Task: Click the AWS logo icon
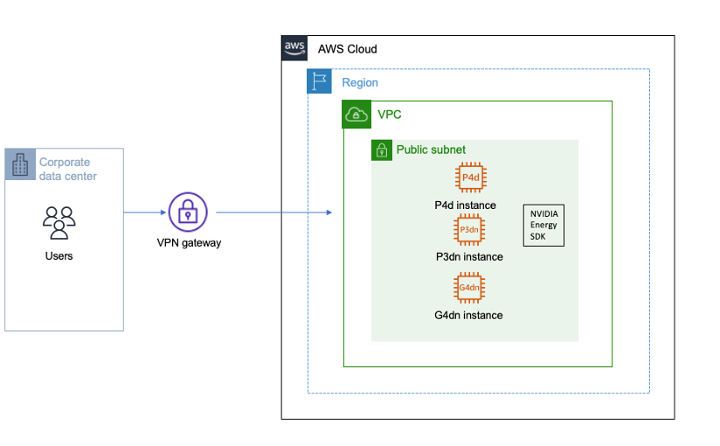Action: click(294, 48)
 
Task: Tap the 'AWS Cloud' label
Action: click(347, 50)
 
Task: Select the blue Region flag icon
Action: click(320, 82)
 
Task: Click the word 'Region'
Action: click(359, 83)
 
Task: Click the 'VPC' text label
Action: click(389, 115)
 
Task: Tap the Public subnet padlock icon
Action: click(382, 150)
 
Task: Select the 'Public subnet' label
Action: click(431, 150)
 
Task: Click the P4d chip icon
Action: click(470, 178)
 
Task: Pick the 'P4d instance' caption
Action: click(465, 206)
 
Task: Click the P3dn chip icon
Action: click(469, 230)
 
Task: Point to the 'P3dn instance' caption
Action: click(469, 257)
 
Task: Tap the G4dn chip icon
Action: click(469, 288)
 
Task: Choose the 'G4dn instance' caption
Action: click(468, 315)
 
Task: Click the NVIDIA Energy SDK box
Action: click(543, 225)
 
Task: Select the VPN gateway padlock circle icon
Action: click(187, 212)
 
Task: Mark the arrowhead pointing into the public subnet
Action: click(329, 213)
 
